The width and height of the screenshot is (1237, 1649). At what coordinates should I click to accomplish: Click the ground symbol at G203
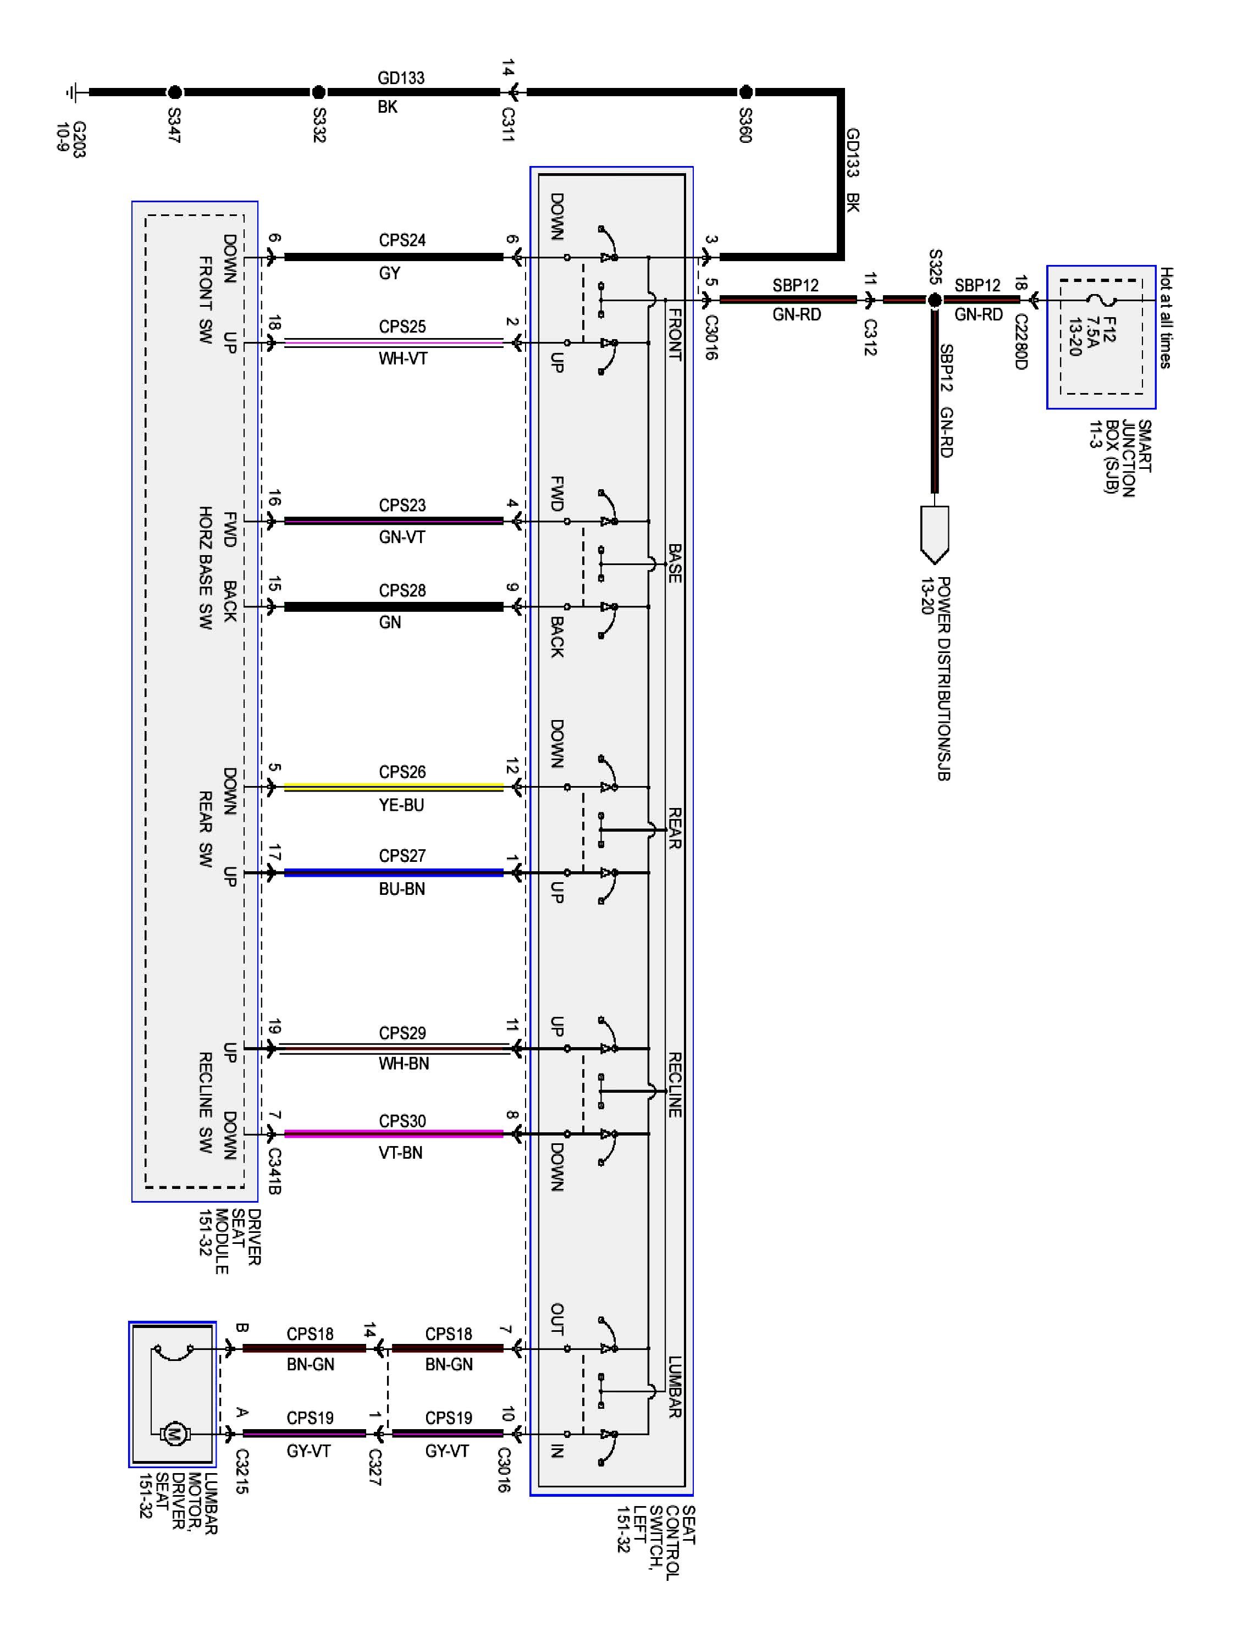pos(73,92)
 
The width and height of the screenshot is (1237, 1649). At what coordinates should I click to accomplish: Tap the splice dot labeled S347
pos(174,92)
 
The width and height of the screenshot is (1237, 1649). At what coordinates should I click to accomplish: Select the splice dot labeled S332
pos(318,92)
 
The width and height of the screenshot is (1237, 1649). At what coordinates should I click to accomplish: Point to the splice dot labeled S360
pos(745,92)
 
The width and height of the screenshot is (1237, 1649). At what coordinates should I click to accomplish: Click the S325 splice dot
pos(934,301)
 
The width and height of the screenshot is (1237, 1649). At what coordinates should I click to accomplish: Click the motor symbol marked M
pos(174,1433)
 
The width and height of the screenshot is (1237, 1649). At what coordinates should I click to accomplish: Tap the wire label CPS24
pos(402,240)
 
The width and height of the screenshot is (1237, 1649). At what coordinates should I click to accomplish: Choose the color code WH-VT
pos(402,358)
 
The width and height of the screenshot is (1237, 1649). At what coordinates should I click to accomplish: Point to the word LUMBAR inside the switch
pos(674,1387)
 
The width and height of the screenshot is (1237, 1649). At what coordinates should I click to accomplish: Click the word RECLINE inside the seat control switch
pos(674,1084)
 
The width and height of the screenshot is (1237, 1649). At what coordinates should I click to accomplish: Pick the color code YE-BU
pos(401,805)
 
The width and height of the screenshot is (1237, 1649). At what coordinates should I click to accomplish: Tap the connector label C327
pos(374,1467)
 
